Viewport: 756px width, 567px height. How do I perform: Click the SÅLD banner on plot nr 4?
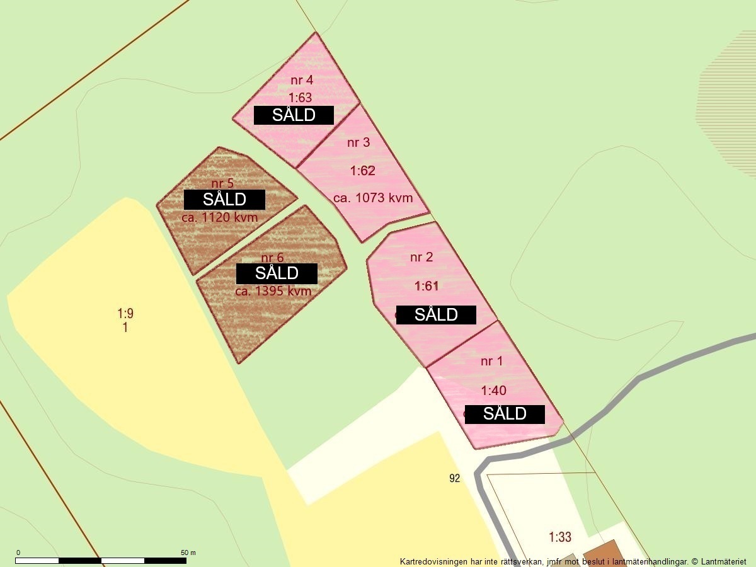[294, 115]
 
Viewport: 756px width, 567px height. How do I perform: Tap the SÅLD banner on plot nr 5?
[224, 200]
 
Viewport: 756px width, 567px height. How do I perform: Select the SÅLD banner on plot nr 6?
[277, 273]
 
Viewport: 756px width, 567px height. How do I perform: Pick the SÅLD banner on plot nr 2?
[436, 314]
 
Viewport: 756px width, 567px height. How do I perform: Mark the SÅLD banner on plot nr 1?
[505, 414]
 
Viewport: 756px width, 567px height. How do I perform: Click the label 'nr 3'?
[358, 142]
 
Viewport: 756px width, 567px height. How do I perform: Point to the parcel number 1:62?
[362, 171]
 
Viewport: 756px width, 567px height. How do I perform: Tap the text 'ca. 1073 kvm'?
[373, 198]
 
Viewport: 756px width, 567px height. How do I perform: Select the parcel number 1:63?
[301, 98]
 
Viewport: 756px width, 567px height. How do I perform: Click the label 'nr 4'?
[302, 80]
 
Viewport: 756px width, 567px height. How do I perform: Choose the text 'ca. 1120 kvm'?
[220, 218]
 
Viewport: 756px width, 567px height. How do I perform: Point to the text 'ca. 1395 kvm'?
[273, 291]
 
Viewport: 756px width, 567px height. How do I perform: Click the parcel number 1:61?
[427, 286]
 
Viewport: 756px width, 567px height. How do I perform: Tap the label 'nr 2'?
[421, 257]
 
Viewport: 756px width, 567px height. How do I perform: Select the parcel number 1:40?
[493, 391]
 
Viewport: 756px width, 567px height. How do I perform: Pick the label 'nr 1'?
[492, 362]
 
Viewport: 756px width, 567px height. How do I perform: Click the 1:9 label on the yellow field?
[125, 313]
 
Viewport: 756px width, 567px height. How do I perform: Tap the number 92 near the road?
[455, 479]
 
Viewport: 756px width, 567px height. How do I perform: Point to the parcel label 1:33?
[560, 537]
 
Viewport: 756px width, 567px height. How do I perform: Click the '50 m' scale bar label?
[188, 553]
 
